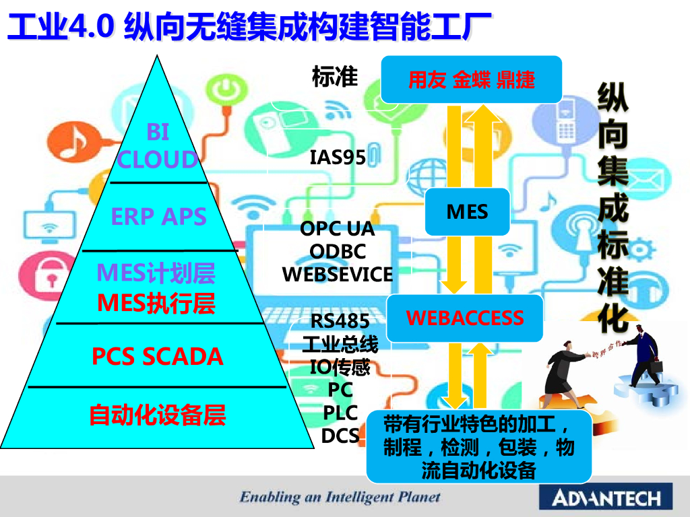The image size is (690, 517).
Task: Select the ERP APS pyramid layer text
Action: [159, 217]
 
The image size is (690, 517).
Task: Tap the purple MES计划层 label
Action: [156, 273]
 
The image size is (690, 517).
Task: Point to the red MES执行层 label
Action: [156, 304]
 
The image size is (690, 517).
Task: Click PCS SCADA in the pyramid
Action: [158, 356]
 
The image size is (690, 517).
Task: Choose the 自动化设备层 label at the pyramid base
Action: [158, 415]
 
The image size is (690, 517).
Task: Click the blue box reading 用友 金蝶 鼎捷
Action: [472, 79]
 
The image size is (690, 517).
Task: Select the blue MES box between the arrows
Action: [467, 212]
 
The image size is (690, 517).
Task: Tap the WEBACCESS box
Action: [465, 318]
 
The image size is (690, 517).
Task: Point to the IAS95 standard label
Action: [338, 158]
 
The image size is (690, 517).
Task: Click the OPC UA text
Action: [337, 229]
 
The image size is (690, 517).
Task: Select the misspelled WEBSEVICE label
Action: [338, 275]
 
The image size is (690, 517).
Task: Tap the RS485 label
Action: [340, 320]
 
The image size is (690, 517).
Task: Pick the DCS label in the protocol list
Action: [340, 436]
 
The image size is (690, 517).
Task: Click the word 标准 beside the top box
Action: [335, 77]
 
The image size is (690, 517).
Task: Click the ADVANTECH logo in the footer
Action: [606, 498]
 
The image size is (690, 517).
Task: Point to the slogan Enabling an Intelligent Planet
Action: [340, 497]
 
